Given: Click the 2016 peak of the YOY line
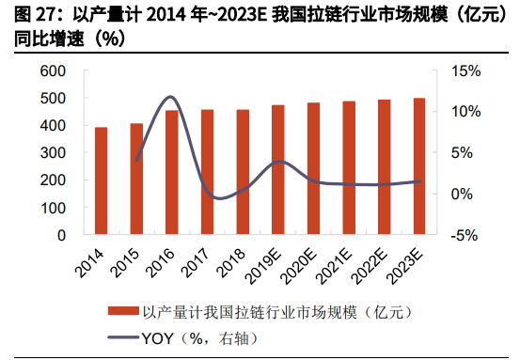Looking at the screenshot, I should tap(170, 97).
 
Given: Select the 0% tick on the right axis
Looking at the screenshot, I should tap(461, 194).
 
